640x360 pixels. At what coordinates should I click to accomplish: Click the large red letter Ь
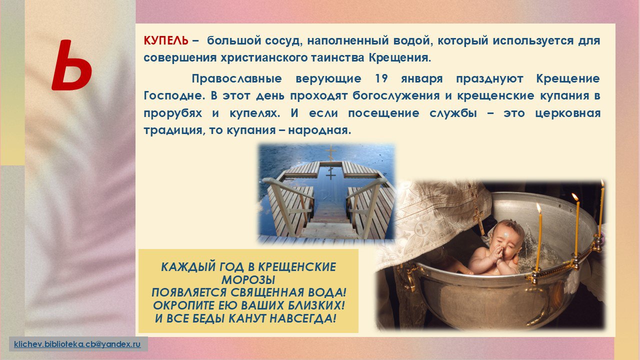point(71,65)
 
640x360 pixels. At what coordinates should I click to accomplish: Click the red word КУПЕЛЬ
point(166,40)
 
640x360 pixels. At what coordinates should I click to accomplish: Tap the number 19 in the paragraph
point(381,78)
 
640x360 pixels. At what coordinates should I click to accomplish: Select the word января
point(421,79)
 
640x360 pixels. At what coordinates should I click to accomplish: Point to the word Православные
point(237,78)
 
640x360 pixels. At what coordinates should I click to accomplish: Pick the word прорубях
point(173,113)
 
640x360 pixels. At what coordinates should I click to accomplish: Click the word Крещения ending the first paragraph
point(399,58)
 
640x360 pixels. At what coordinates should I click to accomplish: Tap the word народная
point(319,130)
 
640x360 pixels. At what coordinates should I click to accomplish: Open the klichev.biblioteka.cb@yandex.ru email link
point(77,344)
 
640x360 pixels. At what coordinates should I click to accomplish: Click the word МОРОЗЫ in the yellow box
point(248,279)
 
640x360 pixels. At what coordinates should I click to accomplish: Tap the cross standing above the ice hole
point(331,153)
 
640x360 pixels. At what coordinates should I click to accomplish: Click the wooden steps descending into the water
point(328,220)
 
